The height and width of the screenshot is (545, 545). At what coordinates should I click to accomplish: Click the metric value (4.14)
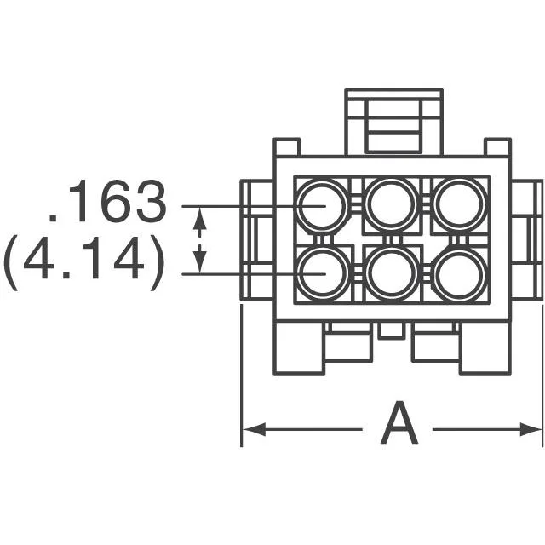point(84,262)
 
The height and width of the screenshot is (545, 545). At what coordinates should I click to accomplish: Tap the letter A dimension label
point(399,422)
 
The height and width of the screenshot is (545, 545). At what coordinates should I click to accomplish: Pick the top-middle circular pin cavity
point(391,204)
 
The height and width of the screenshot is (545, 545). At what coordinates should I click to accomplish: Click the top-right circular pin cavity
point(460,204)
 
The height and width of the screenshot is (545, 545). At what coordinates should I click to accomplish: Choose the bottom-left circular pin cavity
point(324,274)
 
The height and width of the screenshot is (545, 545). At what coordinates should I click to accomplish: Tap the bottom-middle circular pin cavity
point(392,274)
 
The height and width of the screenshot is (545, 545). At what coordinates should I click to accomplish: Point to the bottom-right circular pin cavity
point(460,274)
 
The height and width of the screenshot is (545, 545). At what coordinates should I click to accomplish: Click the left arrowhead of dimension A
point(254,429)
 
